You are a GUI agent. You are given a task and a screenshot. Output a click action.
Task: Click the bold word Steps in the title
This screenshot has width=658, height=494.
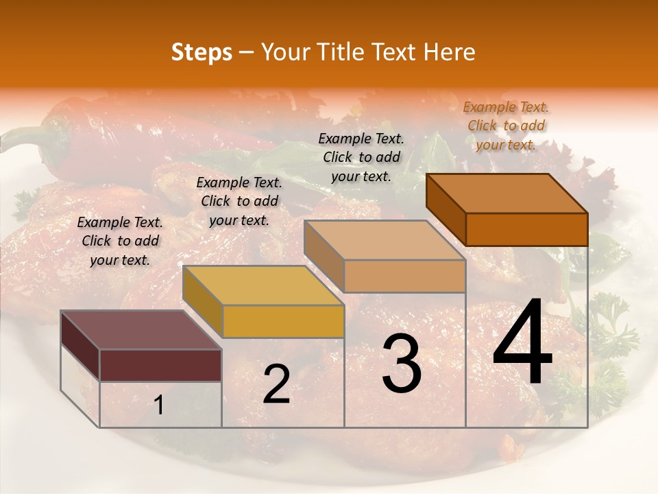pos(202,52)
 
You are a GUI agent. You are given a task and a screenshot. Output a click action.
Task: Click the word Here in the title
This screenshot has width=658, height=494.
pos(449,52)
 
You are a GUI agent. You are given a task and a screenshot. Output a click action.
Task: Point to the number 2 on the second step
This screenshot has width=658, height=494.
pos(276,384)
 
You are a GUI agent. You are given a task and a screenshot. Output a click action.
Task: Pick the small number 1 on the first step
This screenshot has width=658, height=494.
pos(159,405)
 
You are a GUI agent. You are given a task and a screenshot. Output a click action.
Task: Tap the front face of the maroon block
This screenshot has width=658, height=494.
pos(160,365)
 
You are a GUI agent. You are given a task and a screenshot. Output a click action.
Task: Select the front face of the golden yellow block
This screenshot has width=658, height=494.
pos(283,321)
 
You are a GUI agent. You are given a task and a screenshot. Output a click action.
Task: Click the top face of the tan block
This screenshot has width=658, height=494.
pos(385,240)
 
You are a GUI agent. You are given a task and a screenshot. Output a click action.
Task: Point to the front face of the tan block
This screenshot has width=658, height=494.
pos(404,276)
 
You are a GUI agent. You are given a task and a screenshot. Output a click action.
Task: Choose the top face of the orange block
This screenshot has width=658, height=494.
pos(507,193)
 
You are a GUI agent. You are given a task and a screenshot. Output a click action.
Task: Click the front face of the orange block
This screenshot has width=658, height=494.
pos(526,229)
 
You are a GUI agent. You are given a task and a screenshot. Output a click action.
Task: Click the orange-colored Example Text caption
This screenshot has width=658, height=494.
pos(506,126)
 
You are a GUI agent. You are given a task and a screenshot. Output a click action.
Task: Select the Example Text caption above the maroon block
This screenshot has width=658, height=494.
pos(120,241)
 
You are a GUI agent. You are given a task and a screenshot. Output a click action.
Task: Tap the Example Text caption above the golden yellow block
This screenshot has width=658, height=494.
pos(239,201)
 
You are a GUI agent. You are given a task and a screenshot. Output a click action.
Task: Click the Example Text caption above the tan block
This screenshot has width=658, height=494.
pos(361,157)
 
